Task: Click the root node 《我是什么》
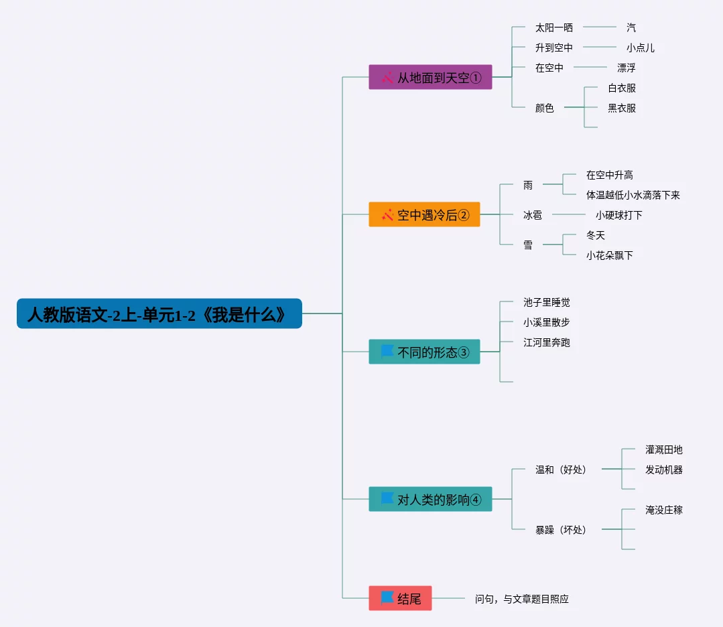pyautogui.click(x=159, y=313)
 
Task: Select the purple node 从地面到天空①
pyautogui.click(x=430, y=77)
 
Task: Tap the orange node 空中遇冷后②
pyautogui.click(x=424, y=214)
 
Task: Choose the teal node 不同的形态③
pyautogui.click(x=424, y=352)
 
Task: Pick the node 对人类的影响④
pyautogui.click(x=430, y=499)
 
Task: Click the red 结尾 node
pyautogui.click(x=400, y=598)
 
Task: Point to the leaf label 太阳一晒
pyautogui.click(x=554, y=27)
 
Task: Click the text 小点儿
pyautogui.click(x=641, y=48)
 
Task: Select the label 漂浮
pyautogui.click(x=627, y=68)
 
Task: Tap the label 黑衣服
pyautogui.click(x=622, y=108)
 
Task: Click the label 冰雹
pyautogui.click(x=533, y=215)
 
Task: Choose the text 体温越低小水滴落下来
pyautogui.click(x=633, y=195)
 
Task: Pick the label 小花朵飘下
pyautogui.click(x=610, y=255)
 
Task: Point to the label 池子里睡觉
pyautogui.click(x=547, y=302)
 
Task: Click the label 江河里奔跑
pyautogui.click(x=547, y=342)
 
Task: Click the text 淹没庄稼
pyautogui.click(x=664, y=510)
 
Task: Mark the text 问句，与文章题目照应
pyautogui.click(x=522, y=599)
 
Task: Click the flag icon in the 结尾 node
pyautogui.click(x=387, y=598)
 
